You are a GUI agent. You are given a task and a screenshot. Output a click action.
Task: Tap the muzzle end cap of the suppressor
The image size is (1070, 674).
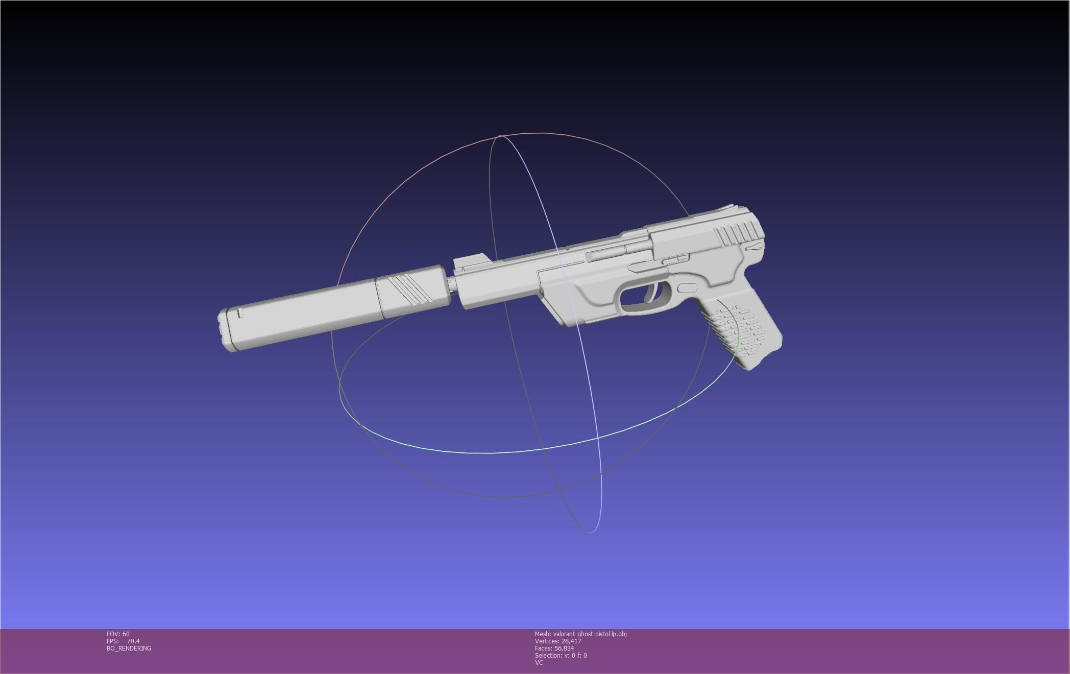point(225,329)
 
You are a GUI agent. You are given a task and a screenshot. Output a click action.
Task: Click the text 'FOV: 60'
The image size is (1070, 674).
point(118,634)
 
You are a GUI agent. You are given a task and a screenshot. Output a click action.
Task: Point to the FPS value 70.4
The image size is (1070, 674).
point(133,641)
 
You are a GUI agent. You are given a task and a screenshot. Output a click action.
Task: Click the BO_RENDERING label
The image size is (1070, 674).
point(129,648)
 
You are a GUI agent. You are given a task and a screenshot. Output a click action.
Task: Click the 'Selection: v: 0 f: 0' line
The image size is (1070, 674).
point(561,656)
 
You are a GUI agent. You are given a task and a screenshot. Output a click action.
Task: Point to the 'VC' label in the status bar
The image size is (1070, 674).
point(539,663)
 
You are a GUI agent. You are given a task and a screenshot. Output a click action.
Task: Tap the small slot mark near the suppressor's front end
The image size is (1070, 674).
point(239,313)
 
